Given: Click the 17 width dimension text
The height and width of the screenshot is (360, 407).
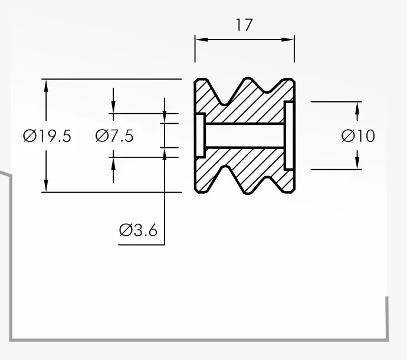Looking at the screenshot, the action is point(244,25).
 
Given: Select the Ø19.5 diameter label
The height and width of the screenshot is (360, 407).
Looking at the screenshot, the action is point(47,136).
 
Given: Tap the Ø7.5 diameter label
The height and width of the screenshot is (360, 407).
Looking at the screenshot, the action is point(114,136).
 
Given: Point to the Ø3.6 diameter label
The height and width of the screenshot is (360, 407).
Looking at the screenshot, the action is point(138,230).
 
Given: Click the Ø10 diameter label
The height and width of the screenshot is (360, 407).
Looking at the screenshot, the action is point(358,136).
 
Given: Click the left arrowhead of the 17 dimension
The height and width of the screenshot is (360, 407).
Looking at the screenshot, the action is point(202,39).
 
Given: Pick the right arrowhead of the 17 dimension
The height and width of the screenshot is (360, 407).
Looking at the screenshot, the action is point(288,39).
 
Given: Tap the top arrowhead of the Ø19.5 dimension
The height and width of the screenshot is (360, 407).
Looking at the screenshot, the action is point(46,85).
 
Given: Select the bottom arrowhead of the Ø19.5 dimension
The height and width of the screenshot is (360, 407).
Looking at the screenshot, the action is point(46,186).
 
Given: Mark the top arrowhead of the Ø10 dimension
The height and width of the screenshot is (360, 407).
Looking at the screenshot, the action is point(357,108).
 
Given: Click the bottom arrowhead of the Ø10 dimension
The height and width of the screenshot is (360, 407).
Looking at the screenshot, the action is point(357,163).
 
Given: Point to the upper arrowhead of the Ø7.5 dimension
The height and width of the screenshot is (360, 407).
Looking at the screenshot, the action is point(113,107).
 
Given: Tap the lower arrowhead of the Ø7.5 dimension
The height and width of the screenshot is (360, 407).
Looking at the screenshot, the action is point(113,164).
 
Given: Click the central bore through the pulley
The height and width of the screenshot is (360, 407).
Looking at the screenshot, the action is point(245,136).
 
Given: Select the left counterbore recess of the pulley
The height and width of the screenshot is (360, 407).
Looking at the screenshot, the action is point(201,136).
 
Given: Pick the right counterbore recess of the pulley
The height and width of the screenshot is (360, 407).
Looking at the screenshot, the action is point(289,136).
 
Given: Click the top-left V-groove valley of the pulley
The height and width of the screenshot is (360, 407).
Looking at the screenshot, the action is point(224,103).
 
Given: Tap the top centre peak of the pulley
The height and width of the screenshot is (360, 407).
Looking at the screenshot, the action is point(248,78).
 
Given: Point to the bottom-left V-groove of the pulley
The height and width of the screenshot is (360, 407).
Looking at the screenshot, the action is point(225,169).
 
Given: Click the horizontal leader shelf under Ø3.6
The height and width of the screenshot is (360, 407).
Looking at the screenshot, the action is point(142,245).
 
